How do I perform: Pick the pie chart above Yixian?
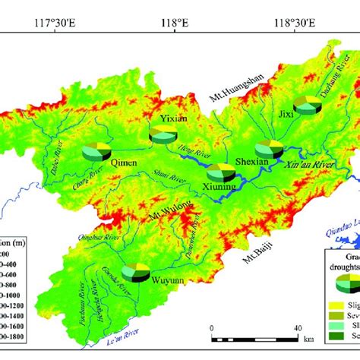pyautogui.click(x=163, y=135)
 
